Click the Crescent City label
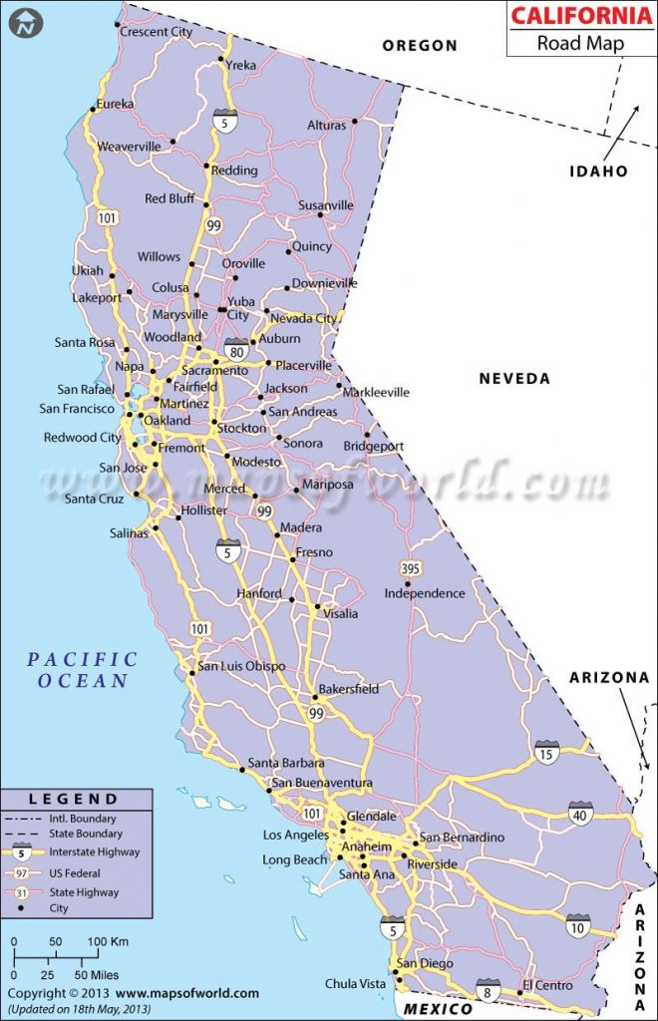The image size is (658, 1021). point(156,32)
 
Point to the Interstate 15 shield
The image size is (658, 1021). point(545,751)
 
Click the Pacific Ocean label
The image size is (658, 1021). point(82,670)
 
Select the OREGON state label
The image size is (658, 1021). point(420,45)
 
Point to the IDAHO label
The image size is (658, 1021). point(598,170)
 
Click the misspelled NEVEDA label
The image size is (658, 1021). point(514,378)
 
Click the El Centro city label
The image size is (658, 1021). point(546,986)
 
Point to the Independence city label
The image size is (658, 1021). point(425,593)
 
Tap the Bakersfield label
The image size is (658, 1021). point(348,689)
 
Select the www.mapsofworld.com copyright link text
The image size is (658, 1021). point(187,993)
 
